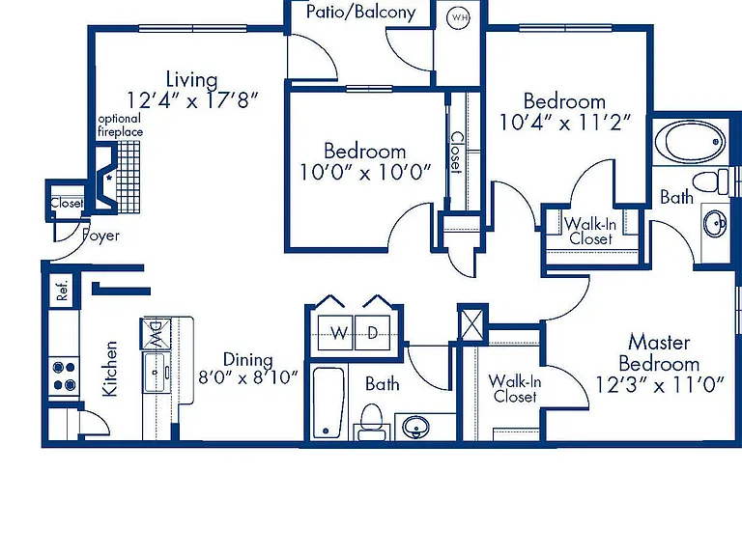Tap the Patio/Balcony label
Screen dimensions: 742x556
[360, 12]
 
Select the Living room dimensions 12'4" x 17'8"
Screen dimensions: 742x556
[192, 100]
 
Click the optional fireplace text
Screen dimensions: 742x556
[120, 125]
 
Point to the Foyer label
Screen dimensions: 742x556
[100, 236]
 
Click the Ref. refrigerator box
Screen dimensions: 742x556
[62, 291]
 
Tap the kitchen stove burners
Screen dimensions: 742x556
[64, 375]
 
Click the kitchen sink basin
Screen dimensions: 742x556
[155, 373]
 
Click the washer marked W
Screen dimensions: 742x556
[336, 332]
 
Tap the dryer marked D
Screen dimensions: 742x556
[372, 332]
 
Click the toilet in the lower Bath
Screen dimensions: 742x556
[371, 421]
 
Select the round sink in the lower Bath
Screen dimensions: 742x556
[416, 427]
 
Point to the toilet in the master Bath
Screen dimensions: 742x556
[711, 181]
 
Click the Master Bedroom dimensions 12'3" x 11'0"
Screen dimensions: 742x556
[660, 385]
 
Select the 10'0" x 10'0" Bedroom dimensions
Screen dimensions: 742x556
[365, 172]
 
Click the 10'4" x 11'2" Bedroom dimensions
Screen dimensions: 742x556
[565, 123]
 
